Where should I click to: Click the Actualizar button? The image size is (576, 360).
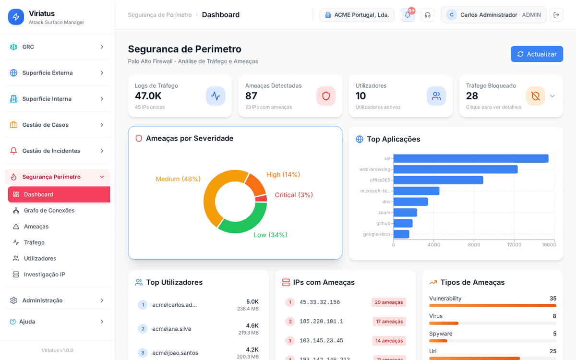pos(537,54)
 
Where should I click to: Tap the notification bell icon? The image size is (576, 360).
pos(408,15)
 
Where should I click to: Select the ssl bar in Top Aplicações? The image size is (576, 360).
pos(470,158)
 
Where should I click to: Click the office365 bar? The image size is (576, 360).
pos(438,180)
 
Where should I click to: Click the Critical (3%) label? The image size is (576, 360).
pos(294,195)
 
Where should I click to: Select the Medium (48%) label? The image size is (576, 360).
pos(178,179)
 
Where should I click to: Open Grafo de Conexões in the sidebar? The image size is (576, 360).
pos(49,210)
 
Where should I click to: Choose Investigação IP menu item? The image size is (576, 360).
pos(44,275)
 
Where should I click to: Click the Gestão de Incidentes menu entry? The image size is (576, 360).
pos(51,151)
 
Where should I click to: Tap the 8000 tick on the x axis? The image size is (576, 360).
pos(474,245)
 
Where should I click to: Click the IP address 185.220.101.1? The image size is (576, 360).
pos(321,322)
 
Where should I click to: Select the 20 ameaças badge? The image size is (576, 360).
pos(388,302)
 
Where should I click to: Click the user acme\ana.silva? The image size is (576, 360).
pos(171,329)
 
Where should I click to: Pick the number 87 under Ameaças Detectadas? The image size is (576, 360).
pos(251,96)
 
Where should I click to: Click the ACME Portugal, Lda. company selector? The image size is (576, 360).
pos(357,15)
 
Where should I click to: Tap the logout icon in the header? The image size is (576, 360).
pos(556,15)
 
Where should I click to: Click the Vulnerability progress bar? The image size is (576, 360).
pos(492,306)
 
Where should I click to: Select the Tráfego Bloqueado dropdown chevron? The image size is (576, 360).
pos(552,96)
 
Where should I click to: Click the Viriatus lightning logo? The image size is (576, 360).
pos(16,17)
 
